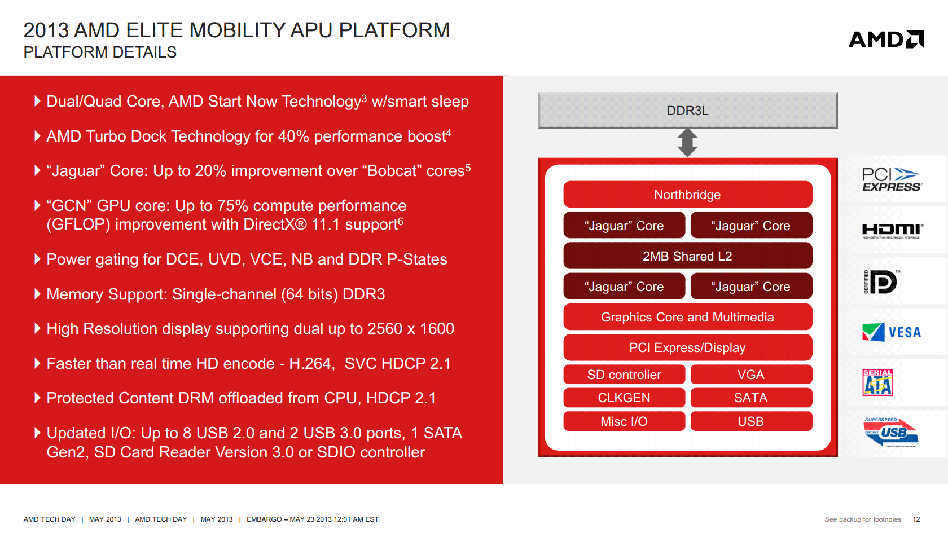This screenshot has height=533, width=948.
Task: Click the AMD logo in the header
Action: pos(886,39)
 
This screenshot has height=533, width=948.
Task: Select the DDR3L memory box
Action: pos(687,111)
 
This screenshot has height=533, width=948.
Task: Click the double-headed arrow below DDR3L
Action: pos(687,142)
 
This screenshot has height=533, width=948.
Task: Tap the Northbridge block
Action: pos(687,195)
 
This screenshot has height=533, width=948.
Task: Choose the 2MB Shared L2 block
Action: pos(687,256)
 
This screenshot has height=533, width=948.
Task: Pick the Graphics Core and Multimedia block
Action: pos(687,317)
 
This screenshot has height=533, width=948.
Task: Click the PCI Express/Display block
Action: pos(687,347)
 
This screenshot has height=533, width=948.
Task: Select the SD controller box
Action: pos(624,375)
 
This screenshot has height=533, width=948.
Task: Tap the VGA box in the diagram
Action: pos(750,375)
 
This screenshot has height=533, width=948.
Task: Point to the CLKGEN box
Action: pos(624,398)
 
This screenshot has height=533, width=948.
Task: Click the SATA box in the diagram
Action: pos(750,398)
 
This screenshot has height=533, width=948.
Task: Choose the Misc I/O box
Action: pos(624,421)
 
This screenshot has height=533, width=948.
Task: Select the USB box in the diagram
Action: pos(750,421)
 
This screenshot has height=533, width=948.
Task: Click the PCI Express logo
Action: pos(892,179)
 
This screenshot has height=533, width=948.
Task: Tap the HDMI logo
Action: pos(892,230)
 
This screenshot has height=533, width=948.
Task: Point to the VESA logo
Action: pos(892,332)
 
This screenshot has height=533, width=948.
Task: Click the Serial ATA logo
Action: pos(877,382)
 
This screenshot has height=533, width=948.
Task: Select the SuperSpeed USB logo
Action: pos(891,432)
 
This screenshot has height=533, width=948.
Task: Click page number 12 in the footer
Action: pos(916,519)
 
